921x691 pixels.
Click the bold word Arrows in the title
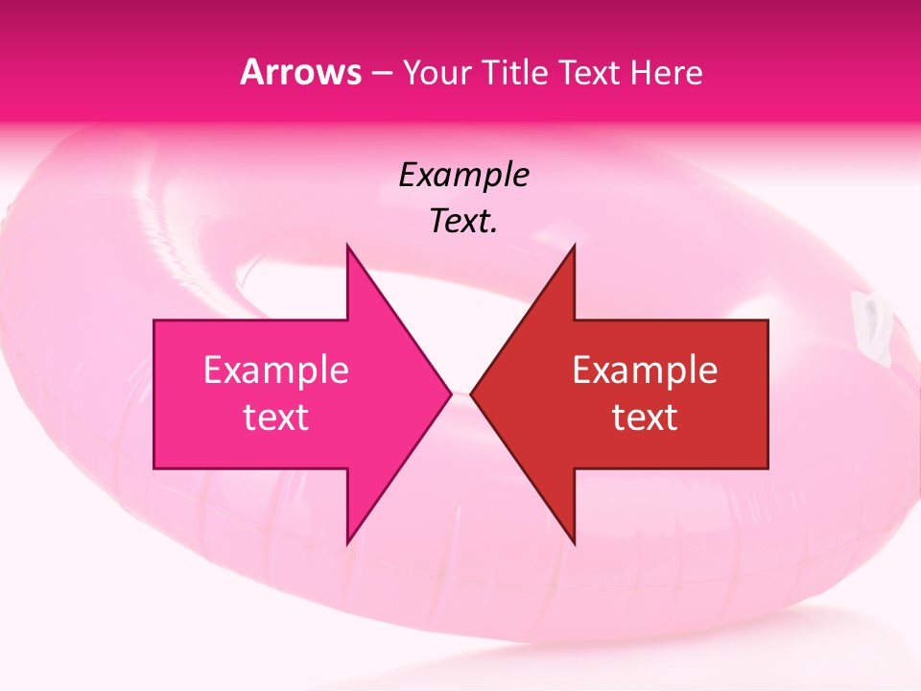coord(300,73)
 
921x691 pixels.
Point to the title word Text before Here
coord(591,73)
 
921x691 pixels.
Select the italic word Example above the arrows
coord(463,176)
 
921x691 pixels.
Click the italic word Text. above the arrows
coord(463,222)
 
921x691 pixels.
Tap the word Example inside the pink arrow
coord(275,370)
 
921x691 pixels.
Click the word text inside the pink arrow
coord(275,417)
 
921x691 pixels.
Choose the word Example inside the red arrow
coord(645,370)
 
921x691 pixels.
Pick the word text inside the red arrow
coord(645,417)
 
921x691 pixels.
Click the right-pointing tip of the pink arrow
coord(450,393)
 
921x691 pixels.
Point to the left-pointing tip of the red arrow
coord(472,393)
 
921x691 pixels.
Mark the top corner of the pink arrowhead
coord(347,246)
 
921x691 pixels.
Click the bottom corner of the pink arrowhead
coord(347,543)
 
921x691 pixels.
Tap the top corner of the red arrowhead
coord(574,246)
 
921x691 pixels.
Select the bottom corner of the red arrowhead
coord(574,543)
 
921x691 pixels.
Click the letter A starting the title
coord(250,73)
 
